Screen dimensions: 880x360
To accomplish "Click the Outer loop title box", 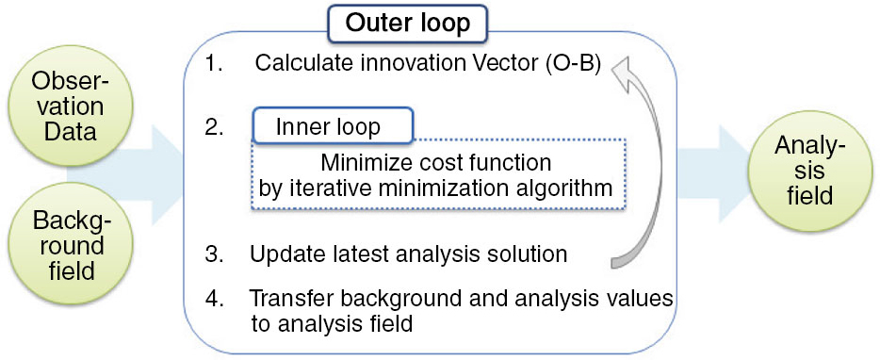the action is coord(408,25).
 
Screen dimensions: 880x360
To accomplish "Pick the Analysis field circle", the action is coord(810,172).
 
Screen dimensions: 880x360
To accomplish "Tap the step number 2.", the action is coord(216,127).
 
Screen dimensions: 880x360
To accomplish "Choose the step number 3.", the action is coord(216,254).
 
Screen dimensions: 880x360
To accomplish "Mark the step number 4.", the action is coord(216,298).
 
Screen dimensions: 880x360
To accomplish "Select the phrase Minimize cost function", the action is coord(435,163).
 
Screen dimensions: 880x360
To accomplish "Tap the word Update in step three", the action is coord(281,254).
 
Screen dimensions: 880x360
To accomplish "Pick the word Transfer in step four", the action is coord(285,298).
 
